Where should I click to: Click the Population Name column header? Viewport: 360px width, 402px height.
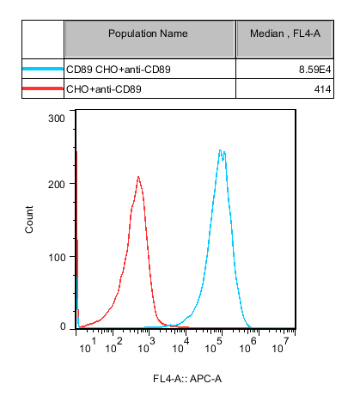tap(148, 33)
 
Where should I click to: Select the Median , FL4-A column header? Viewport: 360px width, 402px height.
tap(285, 33)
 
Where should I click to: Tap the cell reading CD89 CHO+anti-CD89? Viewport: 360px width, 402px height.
tap(119, 70)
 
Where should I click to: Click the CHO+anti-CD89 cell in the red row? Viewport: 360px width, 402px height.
tap(104, 89)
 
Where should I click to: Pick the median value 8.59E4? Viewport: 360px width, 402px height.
tap(314, 70)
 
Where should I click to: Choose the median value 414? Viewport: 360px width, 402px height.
tap(322, 89)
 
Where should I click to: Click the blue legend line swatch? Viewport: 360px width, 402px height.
tap(43, 69)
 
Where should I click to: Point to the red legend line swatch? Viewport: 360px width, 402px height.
tap(43, 88)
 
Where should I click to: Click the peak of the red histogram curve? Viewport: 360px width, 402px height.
tap(138, 176)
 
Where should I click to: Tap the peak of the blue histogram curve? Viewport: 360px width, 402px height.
tap(220, 149)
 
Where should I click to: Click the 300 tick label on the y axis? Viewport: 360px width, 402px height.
tap(57, 119)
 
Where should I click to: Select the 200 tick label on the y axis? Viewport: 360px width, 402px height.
tap(57, 185)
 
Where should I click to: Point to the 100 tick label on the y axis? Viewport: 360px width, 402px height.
tap(57, 258)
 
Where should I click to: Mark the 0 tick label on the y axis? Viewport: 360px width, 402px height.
tap(63, 326)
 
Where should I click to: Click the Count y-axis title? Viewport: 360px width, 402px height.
tap(29, 219)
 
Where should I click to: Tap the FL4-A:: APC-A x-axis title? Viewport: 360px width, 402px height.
tap(187, 379)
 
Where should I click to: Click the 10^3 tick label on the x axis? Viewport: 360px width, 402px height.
tap(146, 345)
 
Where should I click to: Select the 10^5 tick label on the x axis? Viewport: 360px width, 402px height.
tap(214, 345)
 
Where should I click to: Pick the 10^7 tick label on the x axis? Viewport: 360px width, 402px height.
tap(280, 345)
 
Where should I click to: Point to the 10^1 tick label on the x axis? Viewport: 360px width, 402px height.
tap(88, 345)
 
